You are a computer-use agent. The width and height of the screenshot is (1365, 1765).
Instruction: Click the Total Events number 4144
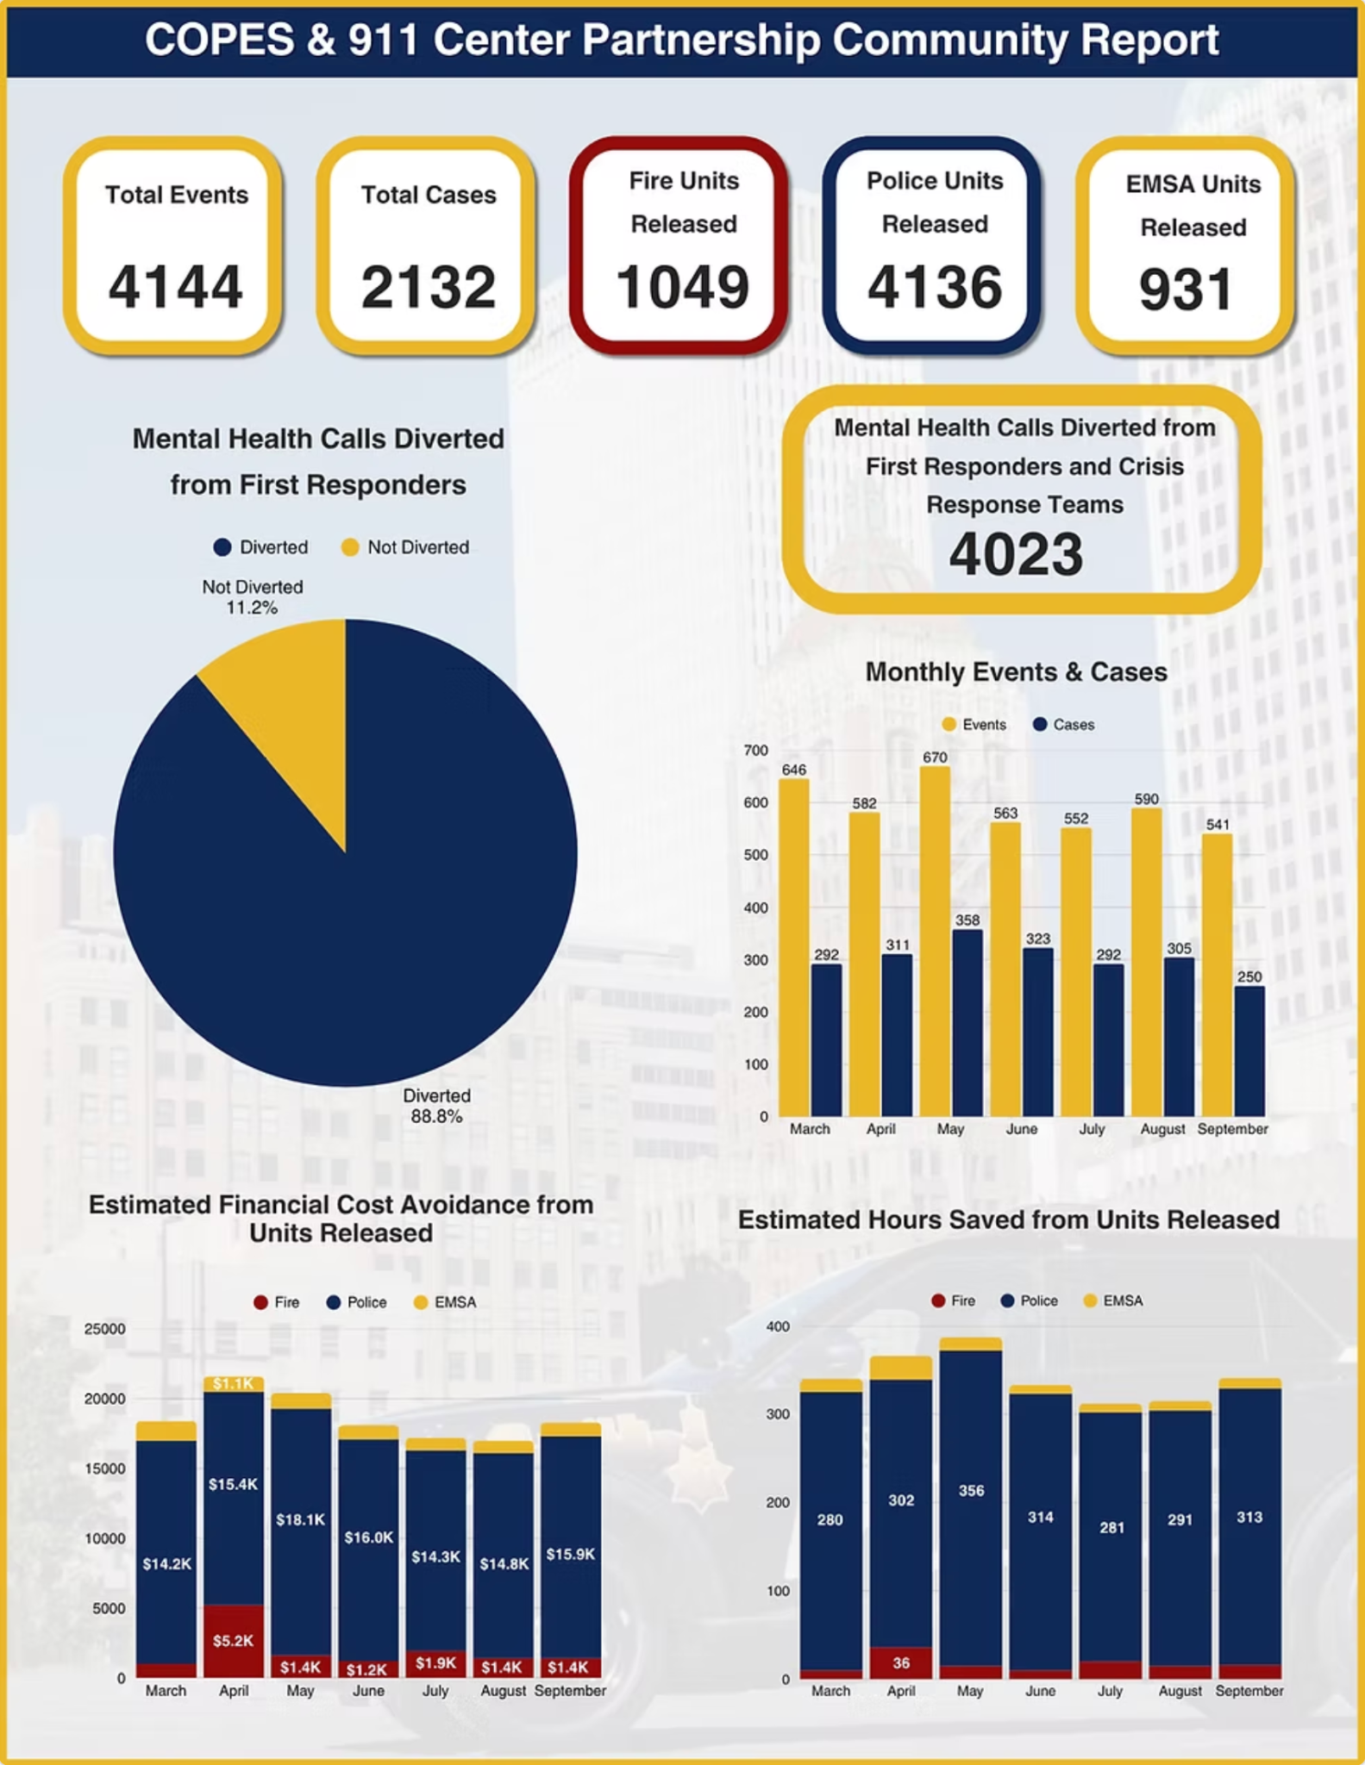click(175, 287)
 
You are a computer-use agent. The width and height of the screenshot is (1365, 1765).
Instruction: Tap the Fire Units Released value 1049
click(682, 287)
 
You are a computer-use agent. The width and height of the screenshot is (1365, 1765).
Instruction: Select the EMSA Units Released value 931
click(1186, 290)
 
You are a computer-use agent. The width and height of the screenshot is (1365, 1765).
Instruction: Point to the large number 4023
click(1016, 554)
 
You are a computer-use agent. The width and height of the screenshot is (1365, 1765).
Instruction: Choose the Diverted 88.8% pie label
click(436, 1106)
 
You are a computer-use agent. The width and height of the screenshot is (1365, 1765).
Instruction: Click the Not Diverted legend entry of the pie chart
click(406, 547)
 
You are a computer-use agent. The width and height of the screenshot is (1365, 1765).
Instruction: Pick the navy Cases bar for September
click(1249, 1051)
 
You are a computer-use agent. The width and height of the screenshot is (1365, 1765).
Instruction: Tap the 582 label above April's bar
click(864, 803)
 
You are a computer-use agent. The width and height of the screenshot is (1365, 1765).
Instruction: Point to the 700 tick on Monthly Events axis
click(756, 751)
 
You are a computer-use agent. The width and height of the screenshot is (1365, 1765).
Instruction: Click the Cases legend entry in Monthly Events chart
click(1064, 725)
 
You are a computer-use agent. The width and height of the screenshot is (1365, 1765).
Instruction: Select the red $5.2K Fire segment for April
click(233, 1640)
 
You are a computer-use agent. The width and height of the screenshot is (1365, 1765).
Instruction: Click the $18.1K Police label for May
click(300, 1519)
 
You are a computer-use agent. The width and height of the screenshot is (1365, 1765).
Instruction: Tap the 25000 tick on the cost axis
click(104, 1329)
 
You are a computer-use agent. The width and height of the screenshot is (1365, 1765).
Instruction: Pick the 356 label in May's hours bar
click(971, 1490)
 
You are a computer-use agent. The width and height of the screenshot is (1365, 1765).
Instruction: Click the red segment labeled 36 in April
click(901, 1662)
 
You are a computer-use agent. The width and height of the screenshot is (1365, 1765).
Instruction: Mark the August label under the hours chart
click(1180, 1691)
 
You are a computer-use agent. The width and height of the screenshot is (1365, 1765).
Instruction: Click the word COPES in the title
click(219, 40)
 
